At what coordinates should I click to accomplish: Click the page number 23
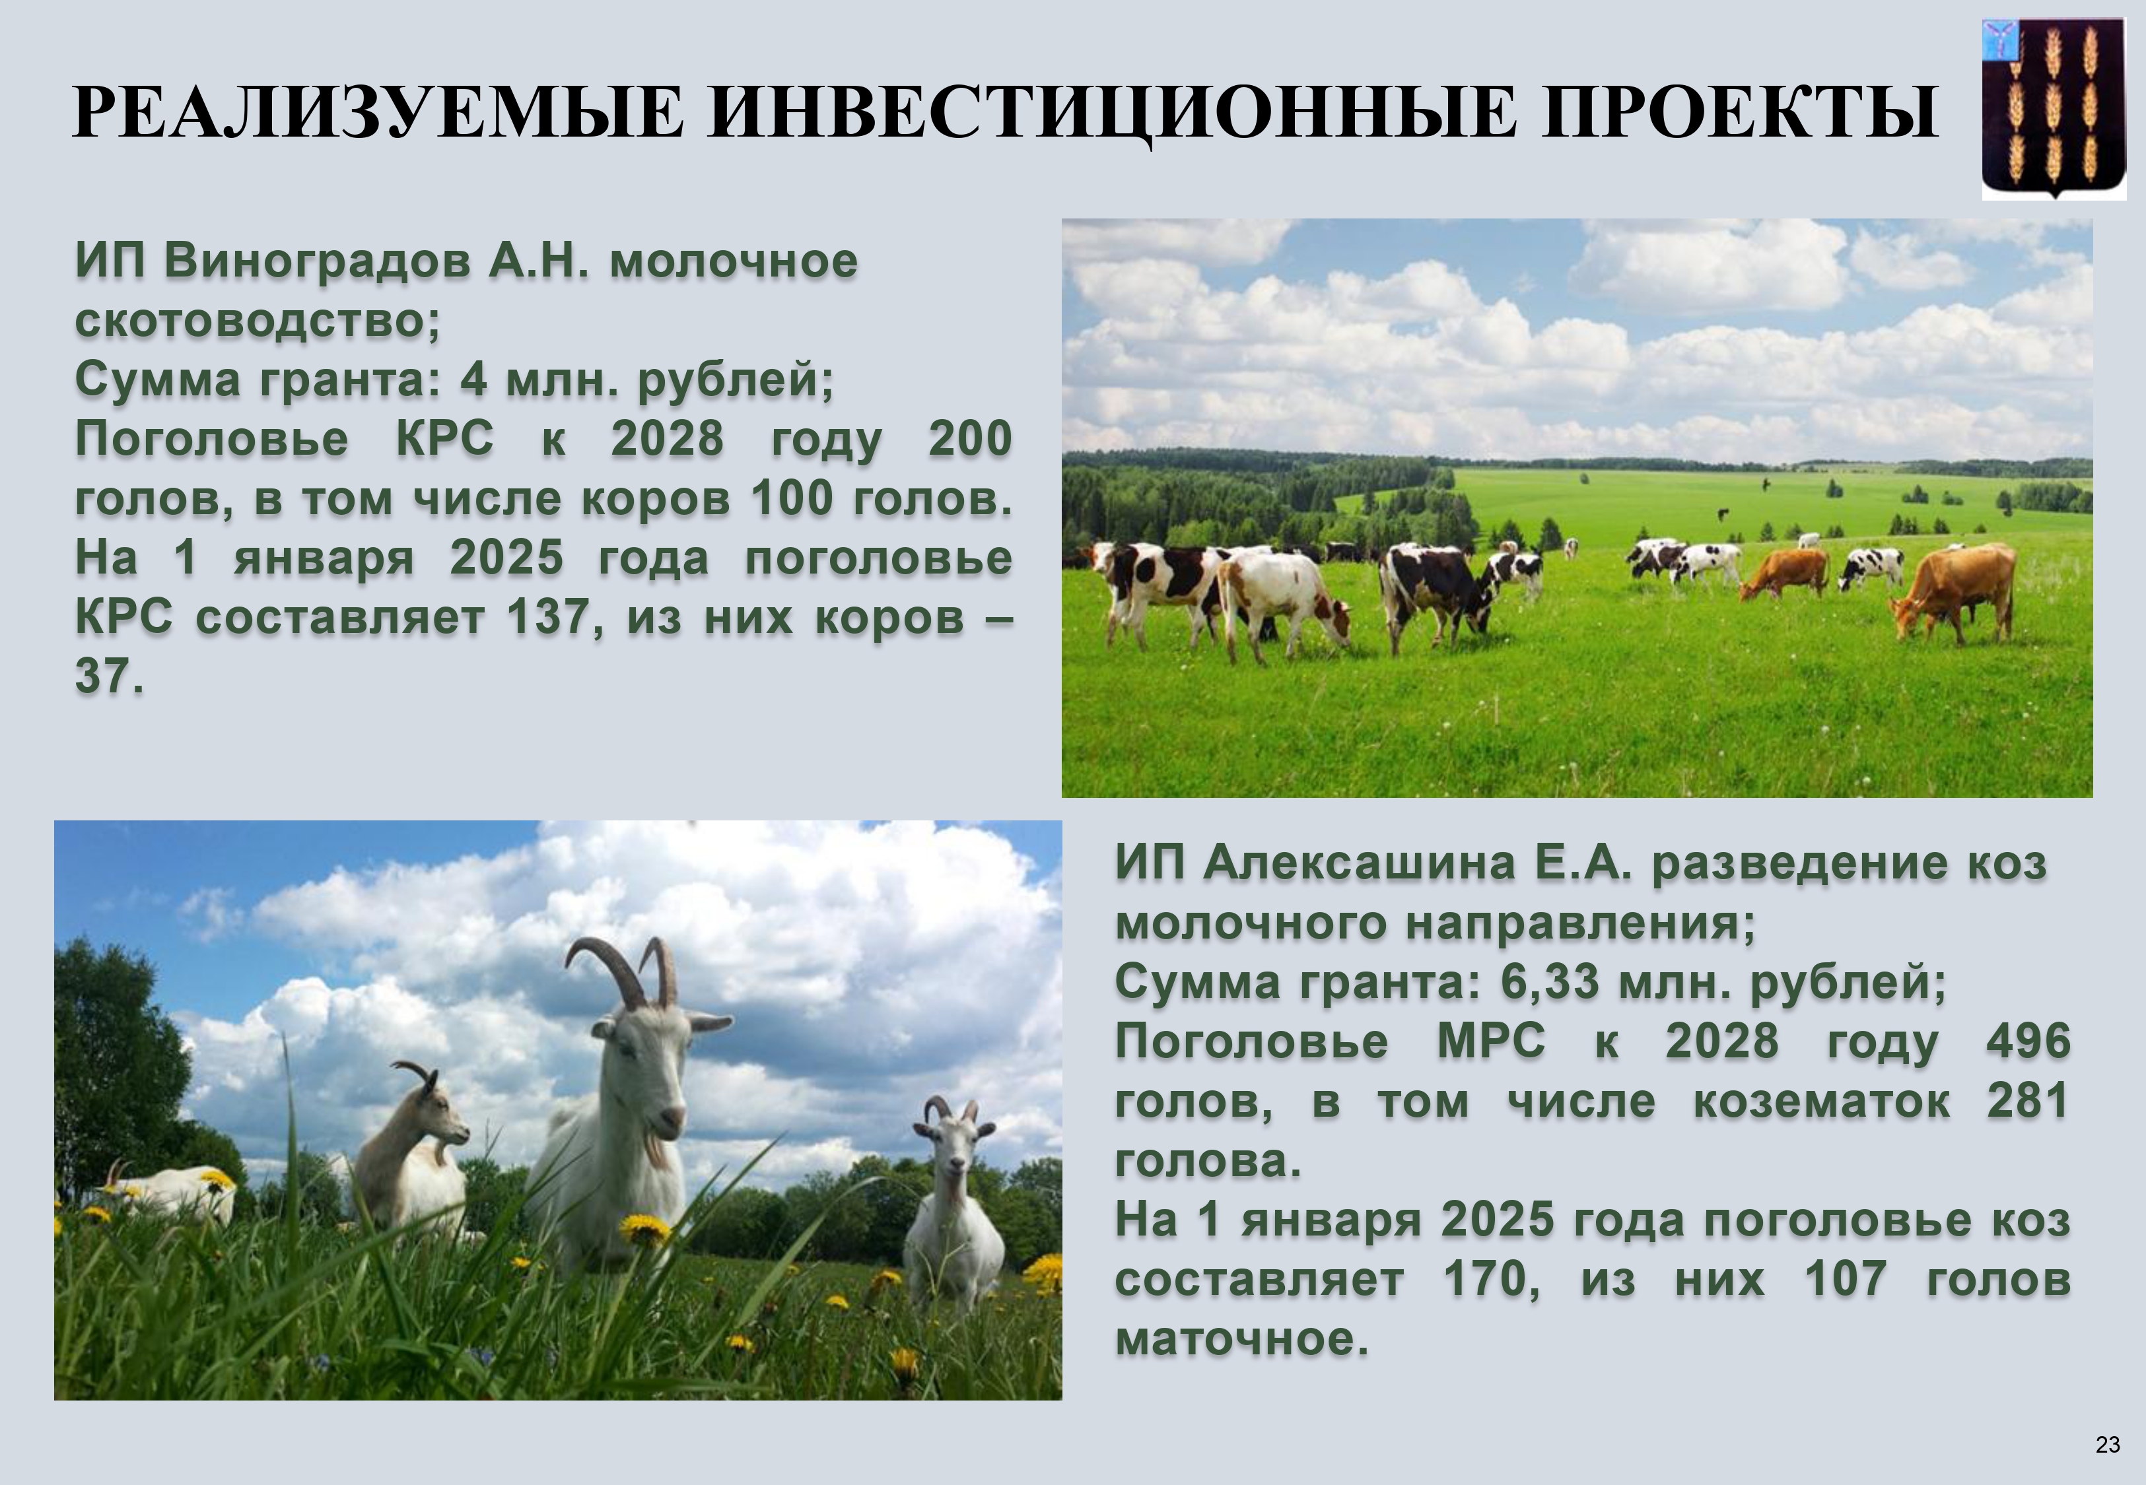pyautogui.click(x=2108, y=1444)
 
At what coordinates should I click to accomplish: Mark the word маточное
pyautogui.click(x=1241, y=1339)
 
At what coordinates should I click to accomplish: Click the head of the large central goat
pyautogui.click(x=658, y=1070)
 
